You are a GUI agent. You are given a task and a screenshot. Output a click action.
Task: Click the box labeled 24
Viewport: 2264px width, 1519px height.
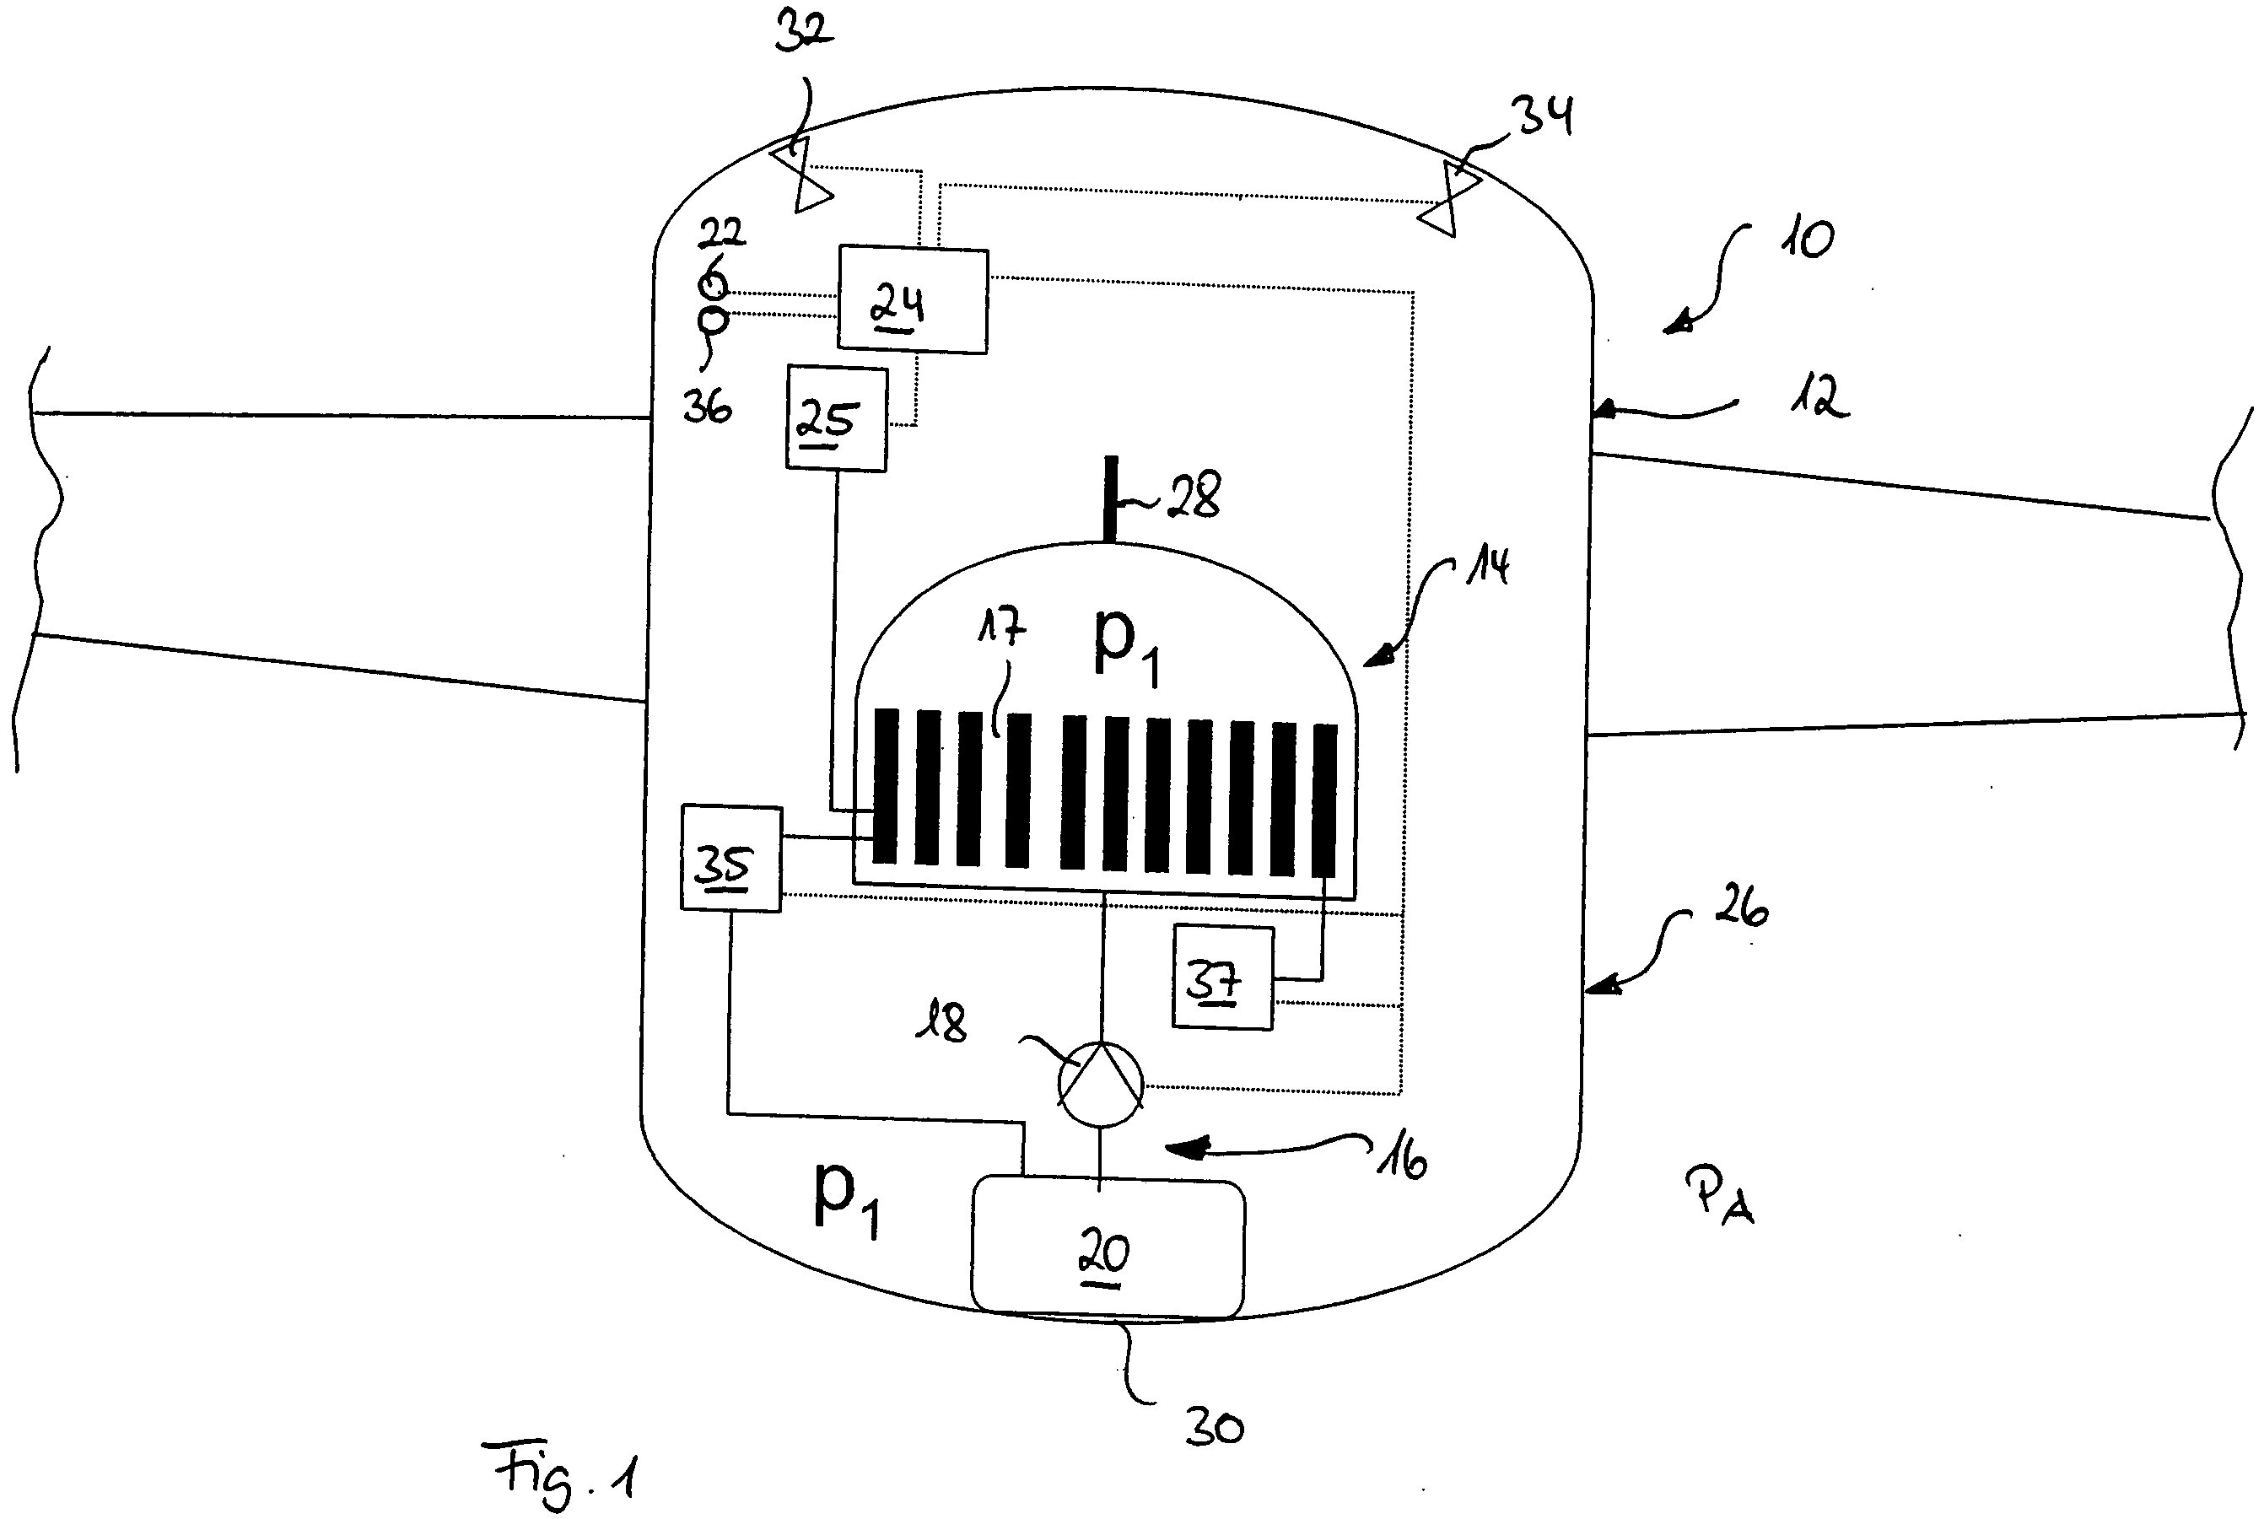pos(912,299)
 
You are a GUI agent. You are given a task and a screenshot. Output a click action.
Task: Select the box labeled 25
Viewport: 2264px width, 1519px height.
pos(836,418)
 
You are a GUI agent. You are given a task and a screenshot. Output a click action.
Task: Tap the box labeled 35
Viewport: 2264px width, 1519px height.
pos(730,859)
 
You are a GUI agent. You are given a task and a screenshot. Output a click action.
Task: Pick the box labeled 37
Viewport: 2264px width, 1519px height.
pos(1221,978)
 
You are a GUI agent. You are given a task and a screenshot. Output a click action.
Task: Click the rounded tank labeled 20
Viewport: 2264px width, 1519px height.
pos(1108,1247)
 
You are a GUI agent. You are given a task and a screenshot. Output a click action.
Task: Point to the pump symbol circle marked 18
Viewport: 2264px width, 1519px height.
pos(1101,1084)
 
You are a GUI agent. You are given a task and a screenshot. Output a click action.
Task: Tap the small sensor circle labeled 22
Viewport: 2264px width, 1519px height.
pos(714,286)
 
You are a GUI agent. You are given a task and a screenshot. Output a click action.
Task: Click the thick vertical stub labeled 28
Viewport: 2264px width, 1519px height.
pos(1111,499)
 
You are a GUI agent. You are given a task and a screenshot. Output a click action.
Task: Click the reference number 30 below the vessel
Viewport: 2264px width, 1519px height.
pos(1214,1428)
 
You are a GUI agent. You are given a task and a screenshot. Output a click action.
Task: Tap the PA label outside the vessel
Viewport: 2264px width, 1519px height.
pos(1720,1197)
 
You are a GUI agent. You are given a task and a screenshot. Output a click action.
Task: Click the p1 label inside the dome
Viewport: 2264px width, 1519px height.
pos(1124,644)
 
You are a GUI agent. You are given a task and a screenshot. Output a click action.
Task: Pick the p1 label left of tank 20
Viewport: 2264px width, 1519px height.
pos(844,1199)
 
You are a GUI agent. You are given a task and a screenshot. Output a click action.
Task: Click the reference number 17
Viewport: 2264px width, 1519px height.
pos(1000,628)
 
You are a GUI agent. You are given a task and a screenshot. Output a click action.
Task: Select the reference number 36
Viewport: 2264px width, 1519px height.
pos(706,407)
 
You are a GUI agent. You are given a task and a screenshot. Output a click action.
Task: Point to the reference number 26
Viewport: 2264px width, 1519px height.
pos(1740,907)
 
